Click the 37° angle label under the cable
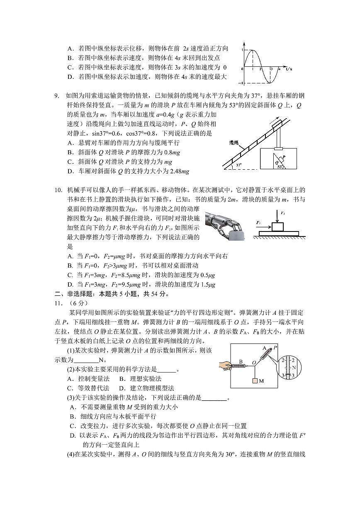238,165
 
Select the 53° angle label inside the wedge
280,167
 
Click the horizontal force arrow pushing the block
264,226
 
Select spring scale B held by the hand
241,365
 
